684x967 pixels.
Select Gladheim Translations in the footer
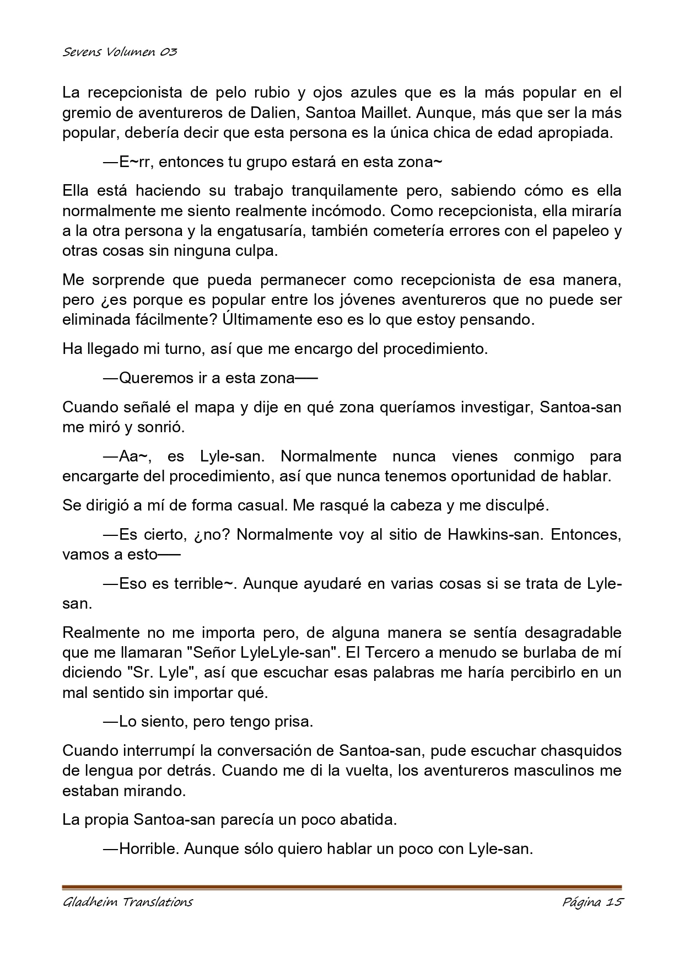pyautogui.click(x=127, y=902)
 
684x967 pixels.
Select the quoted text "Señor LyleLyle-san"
pyautogui.click(x=262, y=652)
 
